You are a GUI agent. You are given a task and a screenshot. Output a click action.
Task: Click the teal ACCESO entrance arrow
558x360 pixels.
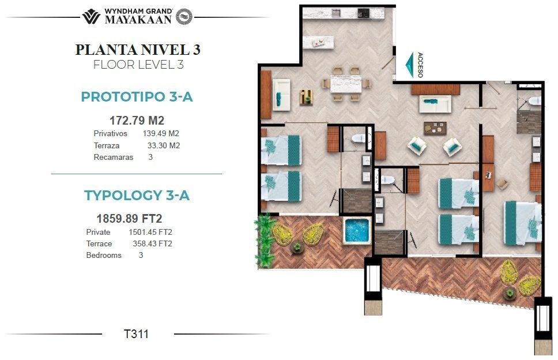click(x=410, y=65)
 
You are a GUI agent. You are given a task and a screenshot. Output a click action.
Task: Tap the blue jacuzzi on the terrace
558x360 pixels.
click(x=357, y=231)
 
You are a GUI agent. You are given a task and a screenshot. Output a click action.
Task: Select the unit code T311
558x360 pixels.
click(x=136, y=334)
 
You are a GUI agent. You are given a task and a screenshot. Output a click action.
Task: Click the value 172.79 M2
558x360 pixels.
click(x=137, y=121)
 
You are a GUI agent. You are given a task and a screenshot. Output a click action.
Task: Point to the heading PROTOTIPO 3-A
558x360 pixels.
click(x=137, y=97)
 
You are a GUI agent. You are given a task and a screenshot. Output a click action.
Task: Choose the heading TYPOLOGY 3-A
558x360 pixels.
click(x=137, y=195)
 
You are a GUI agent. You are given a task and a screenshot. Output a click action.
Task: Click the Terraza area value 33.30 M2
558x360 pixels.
click(x=164, y=145)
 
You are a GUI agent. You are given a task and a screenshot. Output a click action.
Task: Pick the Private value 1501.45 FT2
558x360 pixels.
click(x=150, y=232)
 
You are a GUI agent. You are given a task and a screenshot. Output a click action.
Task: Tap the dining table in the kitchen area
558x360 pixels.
click(x=346, y=84)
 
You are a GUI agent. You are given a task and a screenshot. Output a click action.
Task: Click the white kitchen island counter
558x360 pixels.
click(x=319, y=42)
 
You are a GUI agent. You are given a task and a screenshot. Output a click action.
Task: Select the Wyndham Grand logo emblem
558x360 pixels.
click(x=91, y=17)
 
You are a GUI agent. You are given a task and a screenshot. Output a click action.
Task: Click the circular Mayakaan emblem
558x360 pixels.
click(x=184, y=17)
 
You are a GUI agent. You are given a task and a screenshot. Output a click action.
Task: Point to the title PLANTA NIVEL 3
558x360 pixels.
click(x=138, y=50)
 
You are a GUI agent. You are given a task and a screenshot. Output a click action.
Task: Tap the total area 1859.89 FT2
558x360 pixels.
click(x=130, y=218)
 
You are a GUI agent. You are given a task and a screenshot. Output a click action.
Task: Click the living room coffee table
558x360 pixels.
click(x=435, y=128)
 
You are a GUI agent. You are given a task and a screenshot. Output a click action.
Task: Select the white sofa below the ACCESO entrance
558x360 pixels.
click(x=435, y=104)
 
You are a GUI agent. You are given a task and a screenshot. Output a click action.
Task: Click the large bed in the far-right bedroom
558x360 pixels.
click(x=522, y=223)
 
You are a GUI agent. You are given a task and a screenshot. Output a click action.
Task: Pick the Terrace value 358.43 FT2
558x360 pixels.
click(x=153, y=243)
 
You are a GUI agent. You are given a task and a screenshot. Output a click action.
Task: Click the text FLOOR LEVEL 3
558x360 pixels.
click(x=138, y=65)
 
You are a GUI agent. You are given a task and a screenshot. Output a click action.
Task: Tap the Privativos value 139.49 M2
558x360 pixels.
click(x=161, y=133)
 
